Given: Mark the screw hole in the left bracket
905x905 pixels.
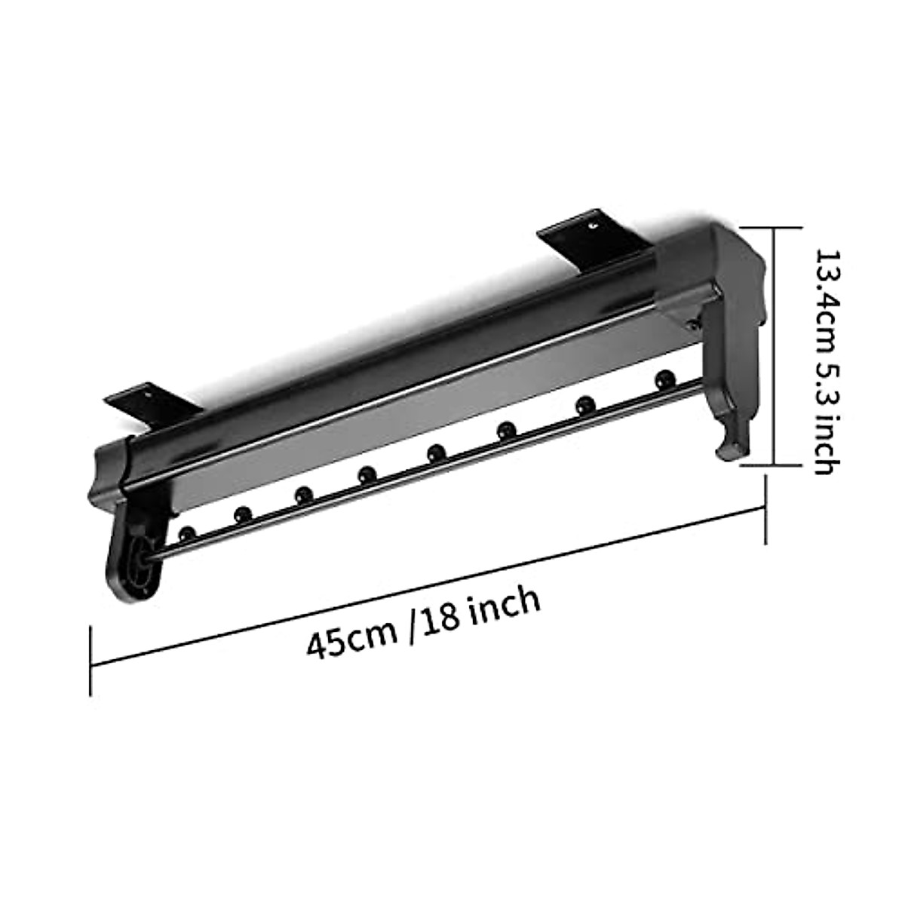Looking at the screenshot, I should pyautogui.click(x=149, y=393).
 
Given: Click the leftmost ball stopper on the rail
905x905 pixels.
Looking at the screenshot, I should pyautogui.click(x=187, y=533).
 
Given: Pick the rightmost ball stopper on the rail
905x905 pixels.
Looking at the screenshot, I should pyautogui.click(x=664, y=377).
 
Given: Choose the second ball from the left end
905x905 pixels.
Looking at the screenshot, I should pyautogui.click(x=242, y=514).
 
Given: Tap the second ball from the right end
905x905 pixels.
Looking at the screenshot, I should pyautogui.click(x=584, y=404).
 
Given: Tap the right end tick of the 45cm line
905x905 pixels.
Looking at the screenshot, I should pyautogui.click(x=767, y=510).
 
